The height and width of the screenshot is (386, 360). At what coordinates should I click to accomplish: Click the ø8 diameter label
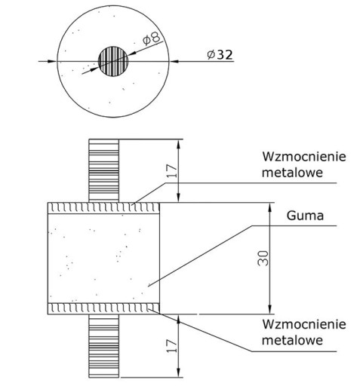[x=152, y=38]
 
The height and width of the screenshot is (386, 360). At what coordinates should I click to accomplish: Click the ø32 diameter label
[x=220, y=55]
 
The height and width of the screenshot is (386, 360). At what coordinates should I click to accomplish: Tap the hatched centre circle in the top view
[x=113, y=61]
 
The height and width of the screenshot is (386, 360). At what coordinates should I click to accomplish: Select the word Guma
[x=305, y=216]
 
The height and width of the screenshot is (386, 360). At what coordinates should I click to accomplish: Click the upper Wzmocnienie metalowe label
[x=304, y=164]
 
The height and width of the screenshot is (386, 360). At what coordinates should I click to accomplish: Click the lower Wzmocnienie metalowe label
[x=304, y=332]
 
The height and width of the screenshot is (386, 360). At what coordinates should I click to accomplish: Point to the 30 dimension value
[x=263, y=258]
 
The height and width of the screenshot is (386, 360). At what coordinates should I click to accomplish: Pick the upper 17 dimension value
[x=172, y=171]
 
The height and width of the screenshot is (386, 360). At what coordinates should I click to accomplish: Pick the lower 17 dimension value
[x=172, y=346]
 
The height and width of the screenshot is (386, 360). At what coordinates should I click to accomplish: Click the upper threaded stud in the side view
[x=103, y=170]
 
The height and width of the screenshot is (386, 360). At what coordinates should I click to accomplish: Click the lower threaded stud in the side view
[x=103, y=346]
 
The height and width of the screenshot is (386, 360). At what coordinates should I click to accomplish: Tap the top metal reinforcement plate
[x=103, y=208]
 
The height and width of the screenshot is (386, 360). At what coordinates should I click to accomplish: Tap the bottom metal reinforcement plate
[x=103, y=308]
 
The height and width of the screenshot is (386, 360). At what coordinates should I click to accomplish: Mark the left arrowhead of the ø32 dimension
[x=52, y=61]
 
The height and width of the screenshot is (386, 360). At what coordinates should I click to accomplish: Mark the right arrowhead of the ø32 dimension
[x=174, y=61]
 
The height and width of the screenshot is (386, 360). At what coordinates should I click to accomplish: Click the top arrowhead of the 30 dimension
[x=270, y=207]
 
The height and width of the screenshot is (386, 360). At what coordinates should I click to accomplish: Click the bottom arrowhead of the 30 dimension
[x=270, y=310]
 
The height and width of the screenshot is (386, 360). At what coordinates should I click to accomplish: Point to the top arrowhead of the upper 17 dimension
[x=179, y=144]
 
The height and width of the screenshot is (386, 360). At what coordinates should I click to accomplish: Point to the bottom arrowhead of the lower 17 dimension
[x=179, y=372]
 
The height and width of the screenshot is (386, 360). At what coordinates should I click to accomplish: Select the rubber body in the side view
[x=103, y=259]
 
